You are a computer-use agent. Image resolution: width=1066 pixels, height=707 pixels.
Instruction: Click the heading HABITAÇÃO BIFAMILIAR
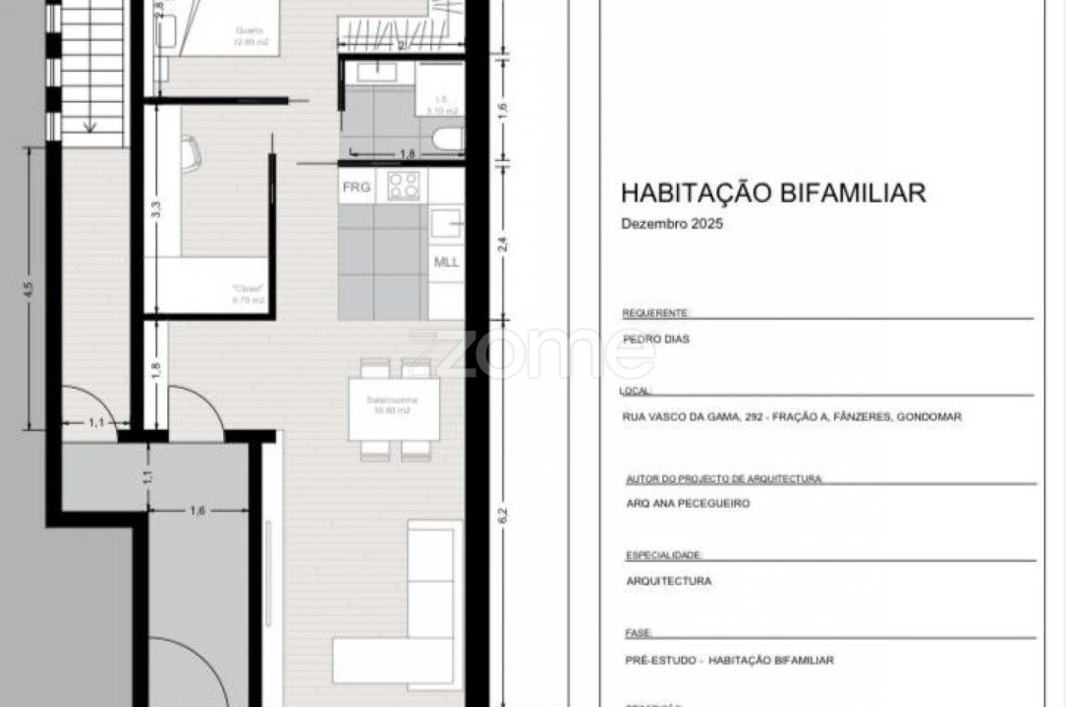tap(773, 192)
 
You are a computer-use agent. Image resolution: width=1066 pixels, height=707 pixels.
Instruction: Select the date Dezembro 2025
tap(672, 224)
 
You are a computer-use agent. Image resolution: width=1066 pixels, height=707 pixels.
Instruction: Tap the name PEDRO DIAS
tap(656, 339)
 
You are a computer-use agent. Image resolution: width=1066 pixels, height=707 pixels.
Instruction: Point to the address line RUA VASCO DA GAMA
tap(792, 416)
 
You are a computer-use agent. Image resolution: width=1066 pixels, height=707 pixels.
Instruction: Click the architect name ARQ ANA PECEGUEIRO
tap(688, 503)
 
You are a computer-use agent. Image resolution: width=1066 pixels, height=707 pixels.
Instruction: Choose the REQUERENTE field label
tap(656, 313)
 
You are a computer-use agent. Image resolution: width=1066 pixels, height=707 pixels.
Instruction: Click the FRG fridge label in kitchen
tap(356, 187)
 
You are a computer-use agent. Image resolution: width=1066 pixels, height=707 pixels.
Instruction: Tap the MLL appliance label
tap(447, 262)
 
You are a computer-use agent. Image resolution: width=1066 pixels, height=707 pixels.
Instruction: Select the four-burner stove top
tap(403, 185)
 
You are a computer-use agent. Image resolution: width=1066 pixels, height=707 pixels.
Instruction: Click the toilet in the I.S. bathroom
tap(447, 138)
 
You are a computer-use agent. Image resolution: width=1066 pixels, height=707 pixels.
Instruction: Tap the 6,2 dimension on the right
tap(503, 514)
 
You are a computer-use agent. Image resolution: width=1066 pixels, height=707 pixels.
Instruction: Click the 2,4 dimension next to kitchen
tap(503, 244)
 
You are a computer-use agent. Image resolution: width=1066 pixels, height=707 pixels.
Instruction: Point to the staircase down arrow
tap(89, 125)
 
